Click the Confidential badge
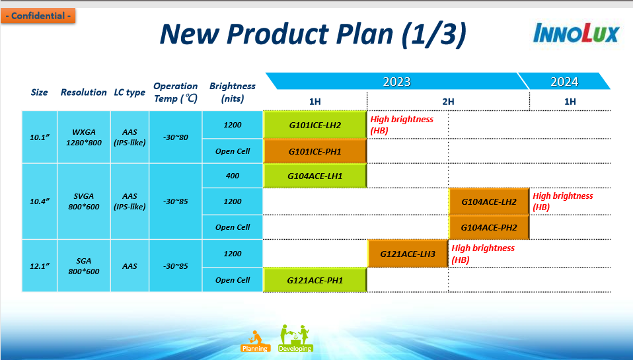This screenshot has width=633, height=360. (x=38, y=16)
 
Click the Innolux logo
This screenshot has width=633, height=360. (x=576, y=33)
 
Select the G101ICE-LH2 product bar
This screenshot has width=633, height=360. (x=315, y=125)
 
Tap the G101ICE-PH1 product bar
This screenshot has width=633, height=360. (x=315, y=151)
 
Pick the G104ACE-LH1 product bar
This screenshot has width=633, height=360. (x=315, y=176)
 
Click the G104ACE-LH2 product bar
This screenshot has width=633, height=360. (x=489, y=201)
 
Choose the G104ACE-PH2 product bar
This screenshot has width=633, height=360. (x=489, y=227)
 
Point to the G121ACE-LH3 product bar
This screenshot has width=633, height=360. (x=408, y=254)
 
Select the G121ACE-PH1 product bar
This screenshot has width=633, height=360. (x=315, y=280)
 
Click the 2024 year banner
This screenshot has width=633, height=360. (x=564, y=81)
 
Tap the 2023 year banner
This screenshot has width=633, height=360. (x=397, y=81)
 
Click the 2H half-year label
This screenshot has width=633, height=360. (x=448, y=101)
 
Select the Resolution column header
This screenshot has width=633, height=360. (x=83, y=92)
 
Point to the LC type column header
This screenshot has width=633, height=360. (x=130, y=92)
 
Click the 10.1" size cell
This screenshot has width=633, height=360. (x=40, y=137)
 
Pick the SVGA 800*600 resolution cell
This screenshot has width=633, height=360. (x=83, y=201)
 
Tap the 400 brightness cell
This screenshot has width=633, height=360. (x=233, y=176)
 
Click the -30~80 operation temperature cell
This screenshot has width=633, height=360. (x=176, y=137)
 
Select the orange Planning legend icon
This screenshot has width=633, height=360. (x=255, y=341)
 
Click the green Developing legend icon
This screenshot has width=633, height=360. (x=295, y=338)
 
